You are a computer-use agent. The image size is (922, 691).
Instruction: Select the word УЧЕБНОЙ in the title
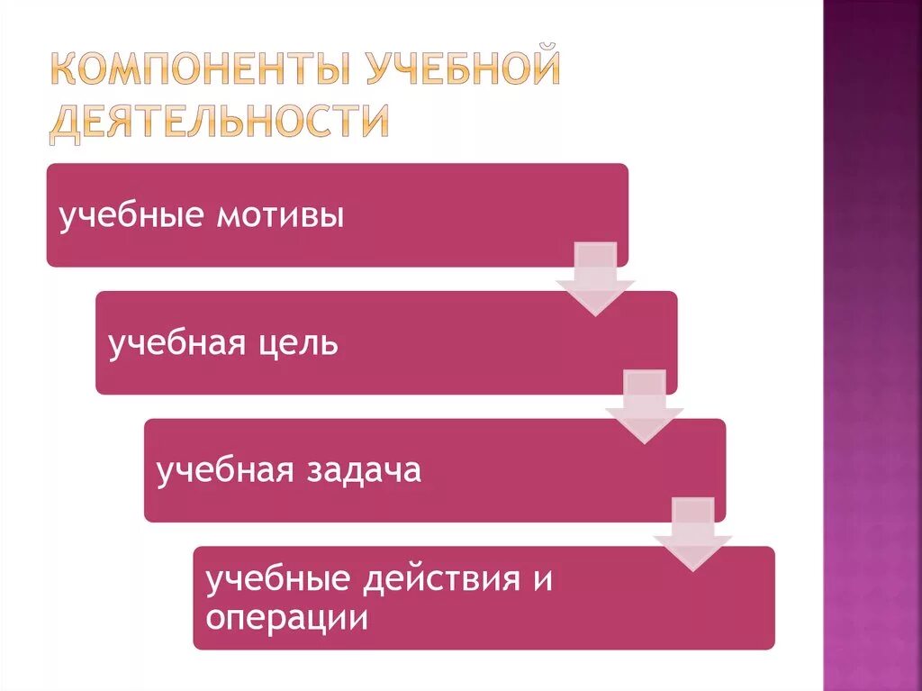tap(461, 69)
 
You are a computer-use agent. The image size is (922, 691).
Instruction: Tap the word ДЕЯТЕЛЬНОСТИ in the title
tap(219, 122)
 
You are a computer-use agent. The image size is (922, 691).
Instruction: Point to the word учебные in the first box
tap(130, 217)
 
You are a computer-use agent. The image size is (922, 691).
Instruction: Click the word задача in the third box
tap(365, 471)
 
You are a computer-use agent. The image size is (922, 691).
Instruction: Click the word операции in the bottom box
tap(286, 618)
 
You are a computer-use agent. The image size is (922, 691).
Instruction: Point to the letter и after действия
tap(542, 579)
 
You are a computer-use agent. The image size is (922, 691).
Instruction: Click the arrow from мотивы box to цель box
tap(594, 279)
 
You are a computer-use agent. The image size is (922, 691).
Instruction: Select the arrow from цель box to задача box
tap(644, 407)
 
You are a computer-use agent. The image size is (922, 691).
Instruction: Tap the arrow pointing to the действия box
tap(692, 534)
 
